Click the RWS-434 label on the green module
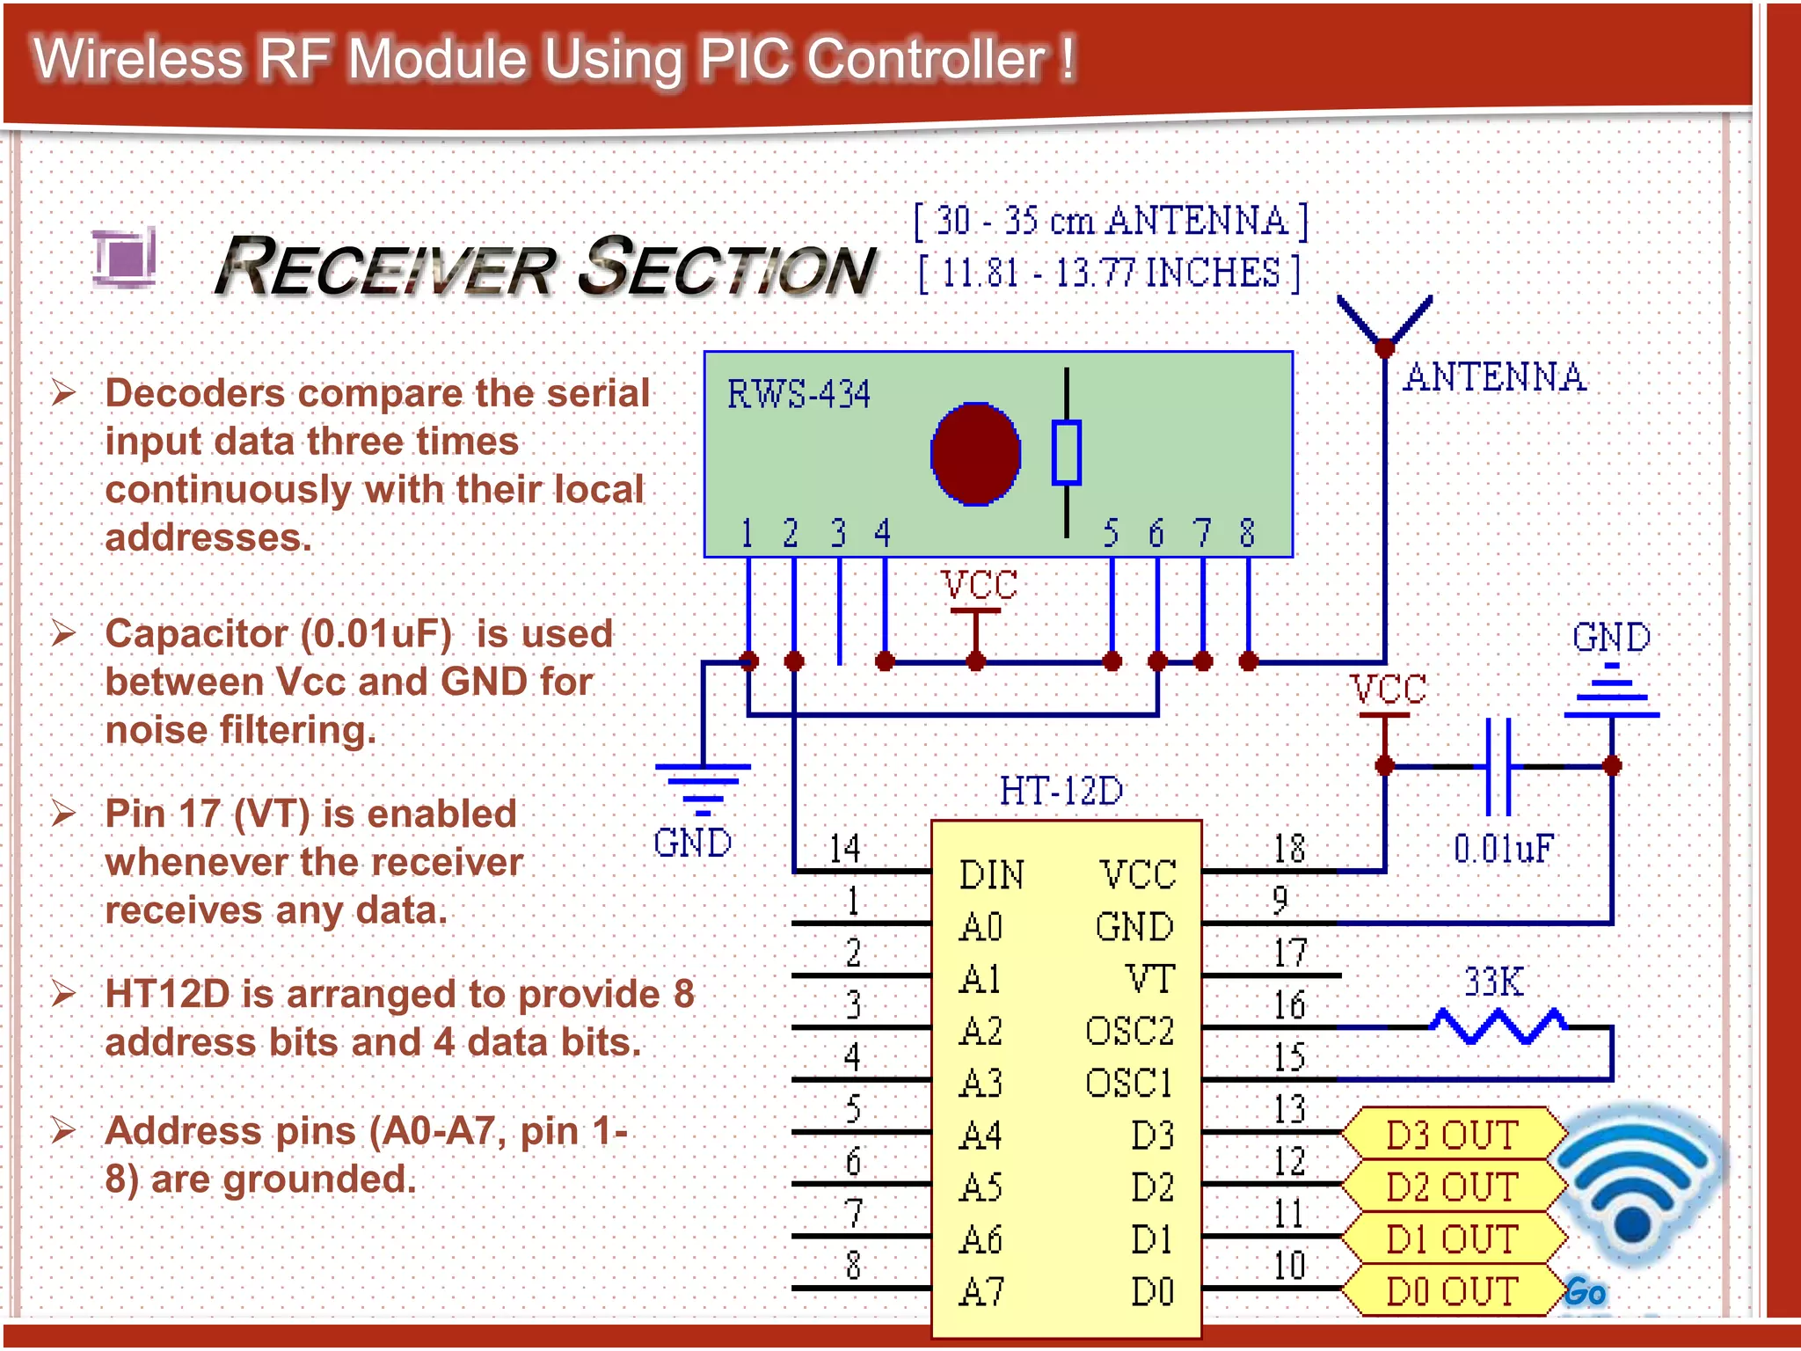tap(798, 393)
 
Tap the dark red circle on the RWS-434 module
tap(975, 454)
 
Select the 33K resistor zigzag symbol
tap(1498, 1026)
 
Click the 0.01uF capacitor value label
tap(1504, 849)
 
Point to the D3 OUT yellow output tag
tap(1453, 1135)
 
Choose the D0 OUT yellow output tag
tap(1453, 1291)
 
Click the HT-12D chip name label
tap(1061, 791)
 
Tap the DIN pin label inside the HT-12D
tap(992, 875)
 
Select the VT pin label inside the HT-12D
tap(1149, 979)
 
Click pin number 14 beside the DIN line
tap(844, 849)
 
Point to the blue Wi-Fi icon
tap(1634, 1183)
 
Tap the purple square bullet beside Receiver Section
tap(125, 257)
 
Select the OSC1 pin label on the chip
tap(1129, 1083)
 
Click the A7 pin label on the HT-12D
tap(981, 1291)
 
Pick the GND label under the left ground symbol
tap(692, 843)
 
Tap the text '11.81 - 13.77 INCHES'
tap(1110, 273)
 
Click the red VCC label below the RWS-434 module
tap(979, 585)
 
